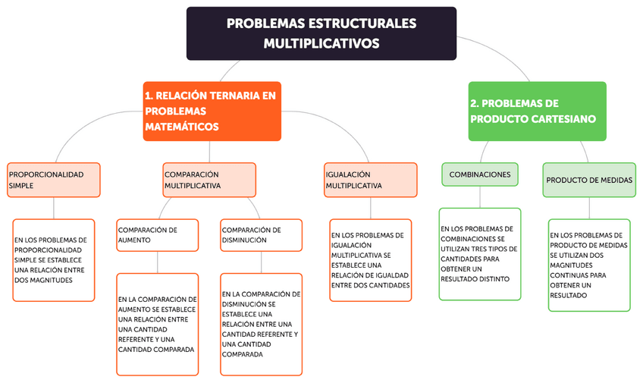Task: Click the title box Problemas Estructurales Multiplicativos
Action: coord(321,33)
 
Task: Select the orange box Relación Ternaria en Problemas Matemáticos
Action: coord(212,111)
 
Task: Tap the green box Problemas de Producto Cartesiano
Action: coord(538,111)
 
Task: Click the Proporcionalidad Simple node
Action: coord(53,180)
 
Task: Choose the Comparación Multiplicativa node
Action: coord(209,180)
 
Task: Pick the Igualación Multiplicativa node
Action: coord(371,180)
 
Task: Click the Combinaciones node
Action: coord(480,174)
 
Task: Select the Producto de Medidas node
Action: coord(589,180)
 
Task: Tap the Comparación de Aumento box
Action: coord(157,235)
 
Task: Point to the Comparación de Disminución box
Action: coord(261,235)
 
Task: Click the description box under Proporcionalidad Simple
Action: coord(53,260)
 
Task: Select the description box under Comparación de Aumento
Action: coord(157,325)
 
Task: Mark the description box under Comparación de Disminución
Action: coord(261,325)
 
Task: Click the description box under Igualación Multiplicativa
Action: coord(371,260)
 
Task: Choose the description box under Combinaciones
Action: coord(480,254)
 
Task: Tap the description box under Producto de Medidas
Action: coord(589,265)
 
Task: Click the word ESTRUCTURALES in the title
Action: coord(365,24)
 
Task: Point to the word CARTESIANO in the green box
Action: coord(564,119)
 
